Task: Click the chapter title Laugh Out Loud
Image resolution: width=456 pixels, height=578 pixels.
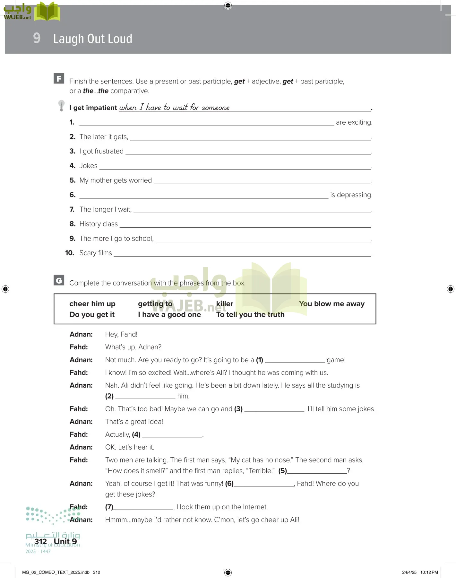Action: tap(92, 39)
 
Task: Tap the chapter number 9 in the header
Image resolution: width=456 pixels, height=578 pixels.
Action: tap(37, 38)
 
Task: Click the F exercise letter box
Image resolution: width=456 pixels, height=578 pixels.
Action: tap(59, 79)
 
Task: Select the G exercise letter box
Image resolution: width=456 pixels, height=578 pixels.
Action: tap(59, 280)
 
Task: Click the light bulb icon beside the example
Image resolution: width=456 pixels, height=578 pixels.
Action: tap(61, 105)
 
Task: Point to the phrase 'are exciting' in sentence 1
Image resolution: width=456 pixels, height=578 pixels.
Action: tap(354, 122)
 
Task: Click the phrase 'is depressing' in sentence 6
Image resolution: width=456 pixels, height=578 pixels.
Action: tap(351, 195)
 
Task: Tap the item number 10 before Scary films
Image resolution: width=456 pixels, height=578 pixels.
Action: tap(70, 253)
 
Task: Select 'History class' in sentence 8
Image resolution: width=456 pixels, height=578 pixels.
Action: tap(99, 224)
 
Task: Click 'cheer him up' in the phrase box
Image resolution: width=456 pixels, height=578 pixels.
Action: tap(92, 304)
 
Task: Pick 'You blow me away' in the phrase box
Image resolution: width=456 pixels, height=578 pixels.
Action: tap(331, 304)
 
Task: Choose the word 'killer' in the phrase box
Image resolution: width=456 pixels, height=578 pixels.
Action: tap(225, 304)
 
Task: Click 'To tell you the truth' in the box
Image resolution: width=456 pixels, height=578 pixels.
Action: tap(250, 315)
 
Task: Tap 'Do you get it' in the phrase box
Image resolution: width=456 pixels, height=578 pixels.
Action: tap(92, 315)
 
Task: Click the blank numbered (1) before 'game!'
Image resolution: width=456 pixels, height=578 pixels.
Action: tap(295, 360)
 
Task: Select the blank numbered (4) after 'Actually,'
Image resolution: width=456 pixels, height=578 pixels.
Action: tap(172, 435)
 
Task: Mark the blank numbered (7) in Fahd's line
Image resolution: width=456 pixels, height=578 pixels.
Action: tap(143, 507)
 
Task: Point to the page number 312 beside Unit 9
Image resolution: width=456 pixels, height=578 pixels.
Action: tap(41, 542)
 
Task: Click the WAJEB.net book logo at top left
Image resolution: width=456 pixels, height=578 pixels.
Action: tap(47, 12)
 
